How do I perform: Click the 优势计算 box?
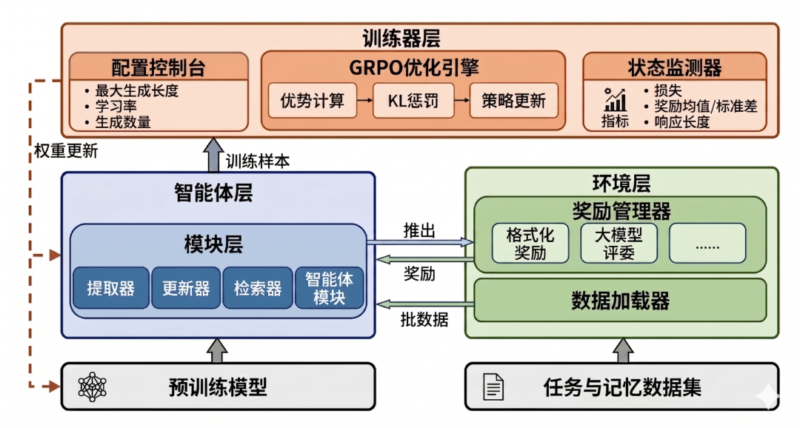pyautogui.click(x=312, y=100)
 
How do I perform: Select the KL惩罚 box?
pyautogui.click(x=413, y=100)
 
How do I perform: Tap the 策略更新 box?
pyautogui.click(x=513, y=100)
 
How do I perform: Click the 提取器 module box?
pyautogui.click(x=110, y=288)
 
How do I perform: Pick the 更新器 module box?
pyautogui.click(x=185, y=288)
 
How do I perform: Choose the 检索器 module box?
pyautogui.click(x=257, y=288)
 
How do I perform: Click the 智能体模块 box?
pyautogui.click(x=330, y=288)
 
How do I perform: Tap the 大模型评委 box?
pyautogui.click(x=618, y=243)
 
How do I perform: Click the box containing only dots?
pyautogui.click(x=707, y=243)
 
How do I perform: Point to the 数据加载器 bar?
pyautogui.click(x=619, y=300)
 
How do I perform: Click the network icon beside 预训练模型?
pyautogui.click(x=93, y=386)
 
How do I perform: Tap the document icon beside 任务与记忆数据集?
pyautogui.click(x=493, y=386)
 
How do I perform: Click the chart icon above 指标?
pyautogui.click(x=615, y=99)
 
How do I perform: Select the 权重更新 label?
pyautogui.click(x=66, y=152)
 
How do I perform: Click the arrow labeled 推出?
pyautogui.click(x=419, y=241)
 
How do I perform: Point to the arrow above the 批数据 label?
pyautogui.click(x=419, y=304)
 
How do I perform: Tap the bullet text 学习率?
pyautogui.click(x=116, y=107)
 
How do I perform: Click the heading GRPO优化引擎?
pyautogui.click(x=413, y=67)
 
